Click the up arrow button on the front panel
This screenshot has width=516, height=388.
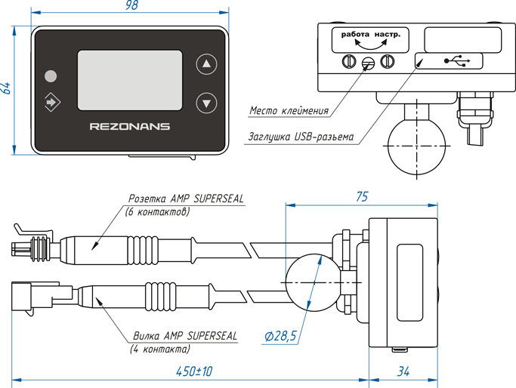pyautogui.click(x=205, y=64)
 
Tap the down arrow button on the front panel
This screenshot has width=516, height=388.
pyautogui.click(x=205, y=102)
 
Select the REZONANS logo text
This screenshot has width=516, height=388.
pyautogui.click(x=129, y=127)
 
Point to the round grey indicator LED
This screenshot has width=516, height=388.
pyautogui.click(x=51, y=76)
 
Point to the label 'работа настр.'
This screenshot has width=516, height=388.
pyautogui.click(x=370, y=35)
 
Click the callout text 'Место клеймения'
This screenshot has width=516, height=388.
pyautogui.click(x=289, y=111)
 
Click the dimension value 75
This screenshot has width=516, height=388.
pyautogui.click(x=361, y=196)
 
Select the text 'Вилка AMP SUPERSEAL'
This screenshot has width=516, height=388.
pyautogui.click(x=185, y=335)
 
